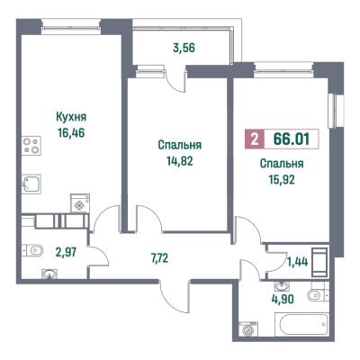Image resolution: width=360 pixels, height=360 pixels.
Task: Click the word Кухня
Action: tap(71, 117)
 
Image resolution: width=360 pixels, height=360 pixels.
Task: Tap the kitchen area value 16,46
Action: tap(71, 132)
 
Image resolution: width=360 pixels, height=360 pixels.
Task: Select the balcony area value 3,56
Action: tap(184, 48)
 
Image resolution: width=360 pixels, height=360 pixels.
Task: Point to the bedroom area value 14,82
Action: tap(180, 161)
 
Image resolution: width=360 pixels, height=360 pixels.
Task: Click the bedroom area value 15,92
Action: tap(282, 179)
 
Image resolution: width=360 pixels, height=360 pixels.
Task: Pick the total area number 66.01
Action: tap(292, 139)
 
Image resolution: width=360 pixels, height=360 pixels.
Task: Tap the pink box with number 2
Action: tap(255, 139)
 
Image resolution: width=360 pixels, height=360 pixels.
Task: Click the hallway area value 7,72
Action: tap(160, 257)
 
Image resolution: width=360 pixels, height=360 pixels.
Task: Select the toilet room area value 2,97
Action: tap(66, 252)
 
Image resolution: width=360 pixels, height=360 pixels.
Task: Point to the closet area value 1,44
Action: tap(298, 262)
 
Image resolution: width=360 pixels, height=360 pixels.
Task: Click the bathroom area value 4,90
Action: tap(282, 299)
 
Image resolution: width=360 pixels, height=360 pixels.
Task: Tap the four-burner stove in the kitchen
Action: tap(31, 146)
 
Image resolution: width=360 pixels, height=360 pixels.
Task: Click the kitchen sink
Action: tap(31, 184)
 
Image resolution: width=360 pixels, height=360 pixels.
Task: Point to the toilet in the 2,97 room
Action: tap(32, 250)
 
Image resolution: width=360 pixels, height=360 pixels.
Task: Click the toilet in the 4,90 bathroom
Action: tap(319, 295)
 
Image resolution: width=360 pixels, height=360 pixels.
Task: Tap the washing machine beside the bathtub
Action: tap(248, 329)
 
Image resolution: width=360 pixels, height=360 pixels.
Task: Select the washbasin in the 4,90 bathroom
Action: tap(281, 286)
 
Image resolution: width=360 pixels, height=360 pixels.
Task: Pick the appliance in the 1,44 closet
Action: tap(319, 262)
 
